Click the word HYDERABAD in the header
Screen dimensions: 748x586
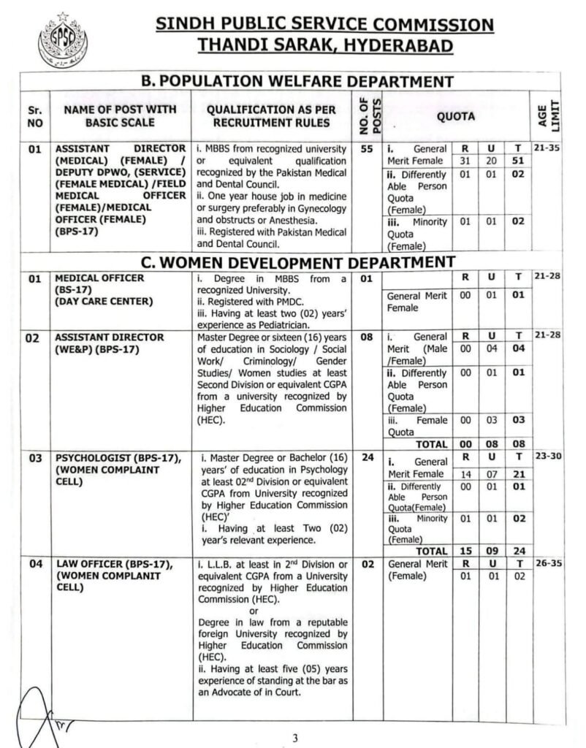coord(400,46)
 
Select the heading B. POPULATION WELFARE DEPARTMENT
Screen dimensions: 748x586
coord(297,82)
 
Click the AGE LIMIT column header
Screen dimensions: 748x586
coord(555,115)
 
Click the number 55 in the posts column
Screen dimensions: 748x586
coord(368,148)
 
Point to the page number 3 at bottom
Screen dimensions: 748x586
coord(295,737)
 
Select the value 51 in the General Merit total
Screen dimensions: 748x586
coord(517,161)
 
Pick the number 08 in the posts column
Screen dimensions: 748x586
coord(368,337)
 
